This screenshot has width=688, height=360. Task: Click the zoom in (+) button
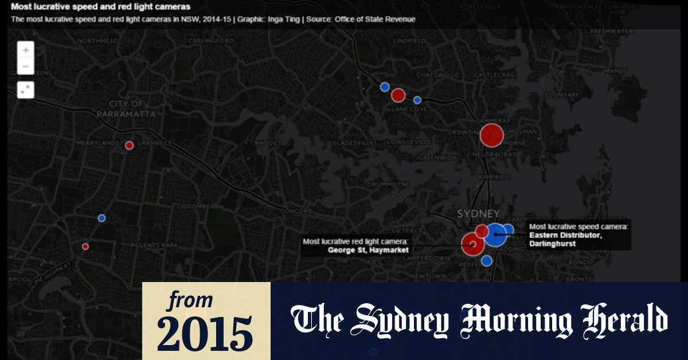pos(26,50)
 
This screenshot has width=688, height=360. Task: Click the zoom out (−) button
pos(26,66)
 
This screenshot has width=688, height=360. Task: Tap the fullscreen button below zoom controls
pos(26,89)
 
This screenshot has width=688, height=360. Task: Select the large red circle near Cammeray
pos(491,135)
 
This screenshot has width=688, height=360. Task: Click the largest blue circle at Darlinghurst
pos(495,234)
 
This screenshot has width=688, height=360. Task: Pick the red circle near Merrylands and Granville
pos(130,145)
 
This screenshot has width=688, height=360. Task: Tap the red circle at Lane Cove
pos(398,95)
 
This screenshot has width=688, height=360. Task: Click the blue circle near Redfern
pos(487,261)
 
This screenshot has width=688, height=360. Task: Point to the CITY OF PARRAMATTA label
pos(127,109)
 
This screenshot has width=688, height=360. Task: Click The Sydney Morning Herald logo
pos(479,321)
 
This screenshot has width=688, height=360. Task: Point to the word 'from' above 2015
pos(189,299)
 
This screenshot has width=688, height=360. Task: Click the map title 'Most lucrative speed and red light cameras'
pos(101,7)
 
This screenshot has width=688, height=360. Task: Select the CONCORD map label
pos(296,211)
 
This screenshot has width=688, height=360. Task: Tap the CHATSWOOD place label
pos(438,75)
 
